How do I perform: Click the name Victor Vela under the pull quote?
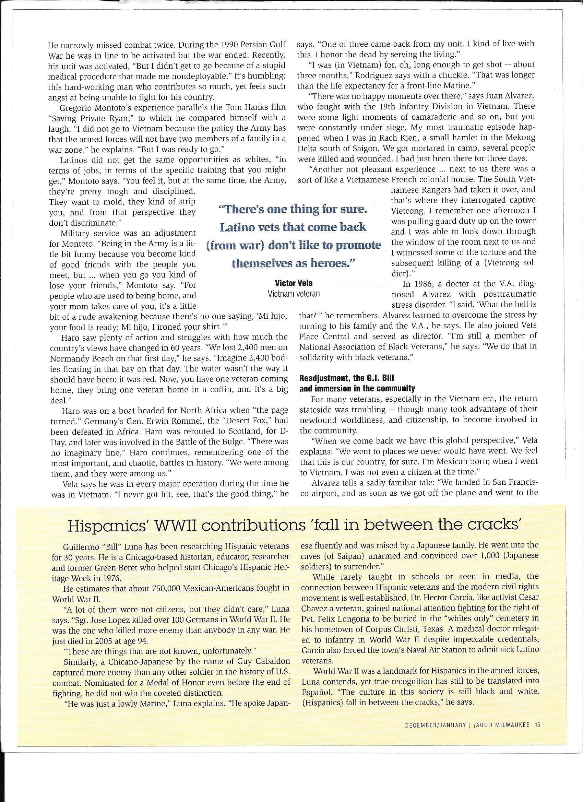coord(294,283)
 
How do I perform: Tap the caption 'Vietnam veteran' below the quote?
coord(294,294)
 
